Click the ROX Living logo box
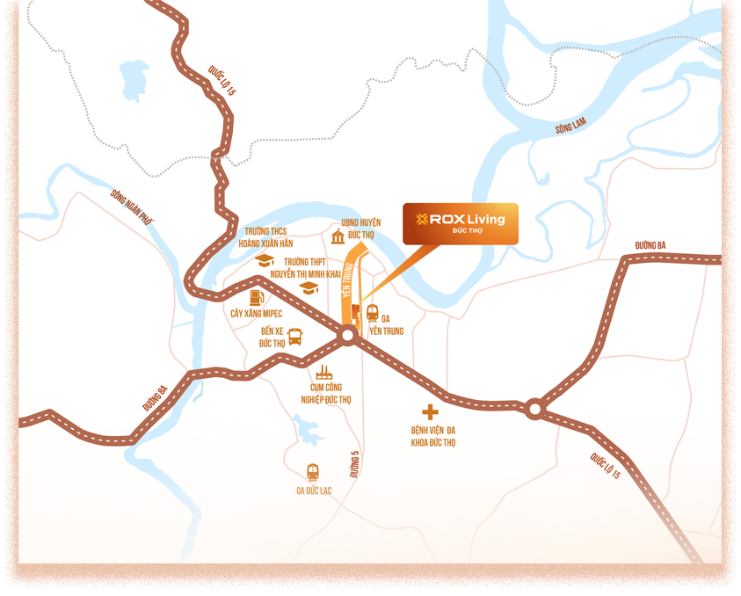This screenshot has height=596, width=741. [461, 223]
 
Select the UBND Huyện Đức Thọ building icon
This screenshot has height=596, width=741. [338, 236]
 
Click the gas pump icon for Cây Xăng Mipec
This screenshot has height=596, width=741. [256, 297]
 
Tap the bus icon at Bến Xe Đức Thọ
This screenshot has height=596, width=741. [296, 335]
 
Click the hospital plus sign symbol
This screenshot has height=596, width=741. [430, 411]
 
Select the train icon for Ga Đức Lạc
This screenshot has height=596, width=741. [312, 472]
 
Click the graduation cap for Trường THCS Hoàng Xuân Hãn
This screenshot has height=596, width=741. [264, 260]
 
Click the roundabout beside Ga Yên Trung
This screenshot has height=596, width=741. [347, 335]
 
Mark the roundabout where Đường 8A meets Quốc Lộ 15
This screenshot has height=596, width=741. [534, 408]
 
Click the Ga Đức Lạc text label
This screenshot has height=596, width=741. [313, 491]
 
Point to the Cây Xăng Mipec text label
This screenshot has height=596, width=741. [255, 313]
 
